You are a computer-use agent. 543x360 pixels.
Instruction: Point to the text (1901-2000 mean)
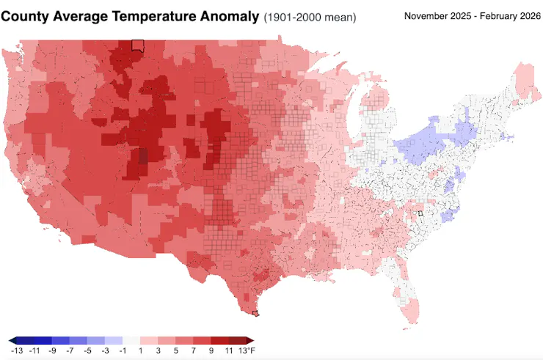tap(310, 17)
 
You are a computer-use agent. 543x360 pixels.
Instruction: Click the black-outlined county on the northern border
tap(136, 45)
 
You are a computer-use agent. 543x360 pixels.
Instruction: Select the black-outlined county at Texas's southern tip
tap(255, 314)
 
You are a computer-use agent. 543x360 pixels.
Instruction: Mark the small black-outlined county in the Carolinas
tap(420, 213)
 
